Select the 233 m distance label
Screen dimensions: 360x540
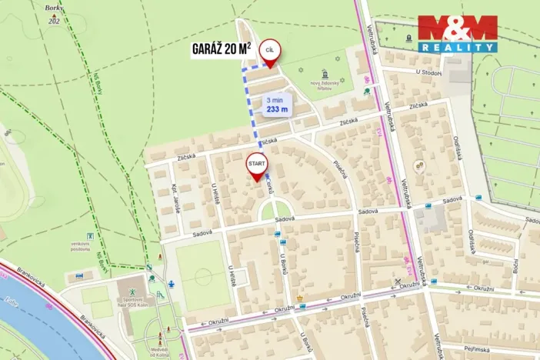(x=277, y=105)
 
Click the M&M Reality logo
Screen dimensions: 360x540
(x=457, y=33)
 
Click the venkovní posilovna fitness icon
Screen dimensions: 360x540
(x=92, y=235)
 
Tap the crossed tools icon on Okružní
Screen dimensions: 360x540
(x=398, y=282)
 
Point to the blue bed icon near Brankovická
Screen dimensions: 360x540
(x=79, y=275)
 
